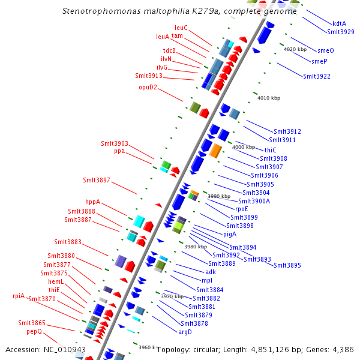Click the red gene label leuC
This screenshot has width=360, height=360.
coord(181,28)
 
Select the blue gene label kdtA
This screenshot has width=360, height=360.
coord(339,24)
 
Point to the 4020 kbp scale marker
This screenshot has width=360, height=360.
coord(295,49)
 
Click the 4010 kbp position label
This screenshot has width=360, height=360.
coord(268,97)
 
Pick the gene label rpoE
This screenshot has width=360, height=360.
coord(241,209)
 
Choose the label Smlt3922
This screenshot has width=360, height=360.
coord(316,76)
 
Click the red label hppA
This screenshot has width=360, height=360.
coord(92,202)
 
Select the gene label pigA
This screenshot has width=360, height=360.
coord(230,234)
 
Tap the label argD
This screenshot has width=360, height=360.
coord(185,332)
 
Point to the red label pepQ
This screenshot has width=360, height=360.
coord(34,331)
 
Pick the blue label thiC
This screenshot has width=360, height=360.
coord(270,150)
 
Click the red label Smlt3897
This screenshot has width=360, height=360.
coord(97,180)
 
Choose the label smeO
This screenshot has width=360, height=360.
coord(326,50)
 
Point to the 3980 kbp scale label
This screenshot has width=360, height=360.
coord(196,247)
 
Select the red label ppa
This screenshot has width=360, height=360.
coord(119,151)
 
